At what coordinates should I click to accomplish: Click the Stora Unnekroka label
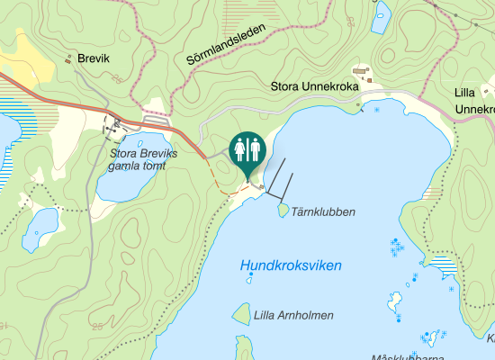click(x=315, y=87)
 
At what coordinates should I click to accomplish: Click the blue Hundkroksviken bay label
click(x=291, y=265)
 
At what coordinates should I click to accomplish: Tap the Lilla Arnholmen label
click(x=293, y=315)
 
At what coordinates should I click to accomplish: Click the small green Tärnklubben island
click(x=283, y=210)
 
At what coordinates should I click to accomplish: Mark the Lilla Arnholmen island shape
click(x=241, y=314)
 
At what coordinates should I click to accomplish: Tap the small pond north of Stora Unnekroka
click(x=381, y=16)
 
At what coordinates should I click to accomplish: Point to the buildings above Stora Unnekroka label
click(x=362, y=70)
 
